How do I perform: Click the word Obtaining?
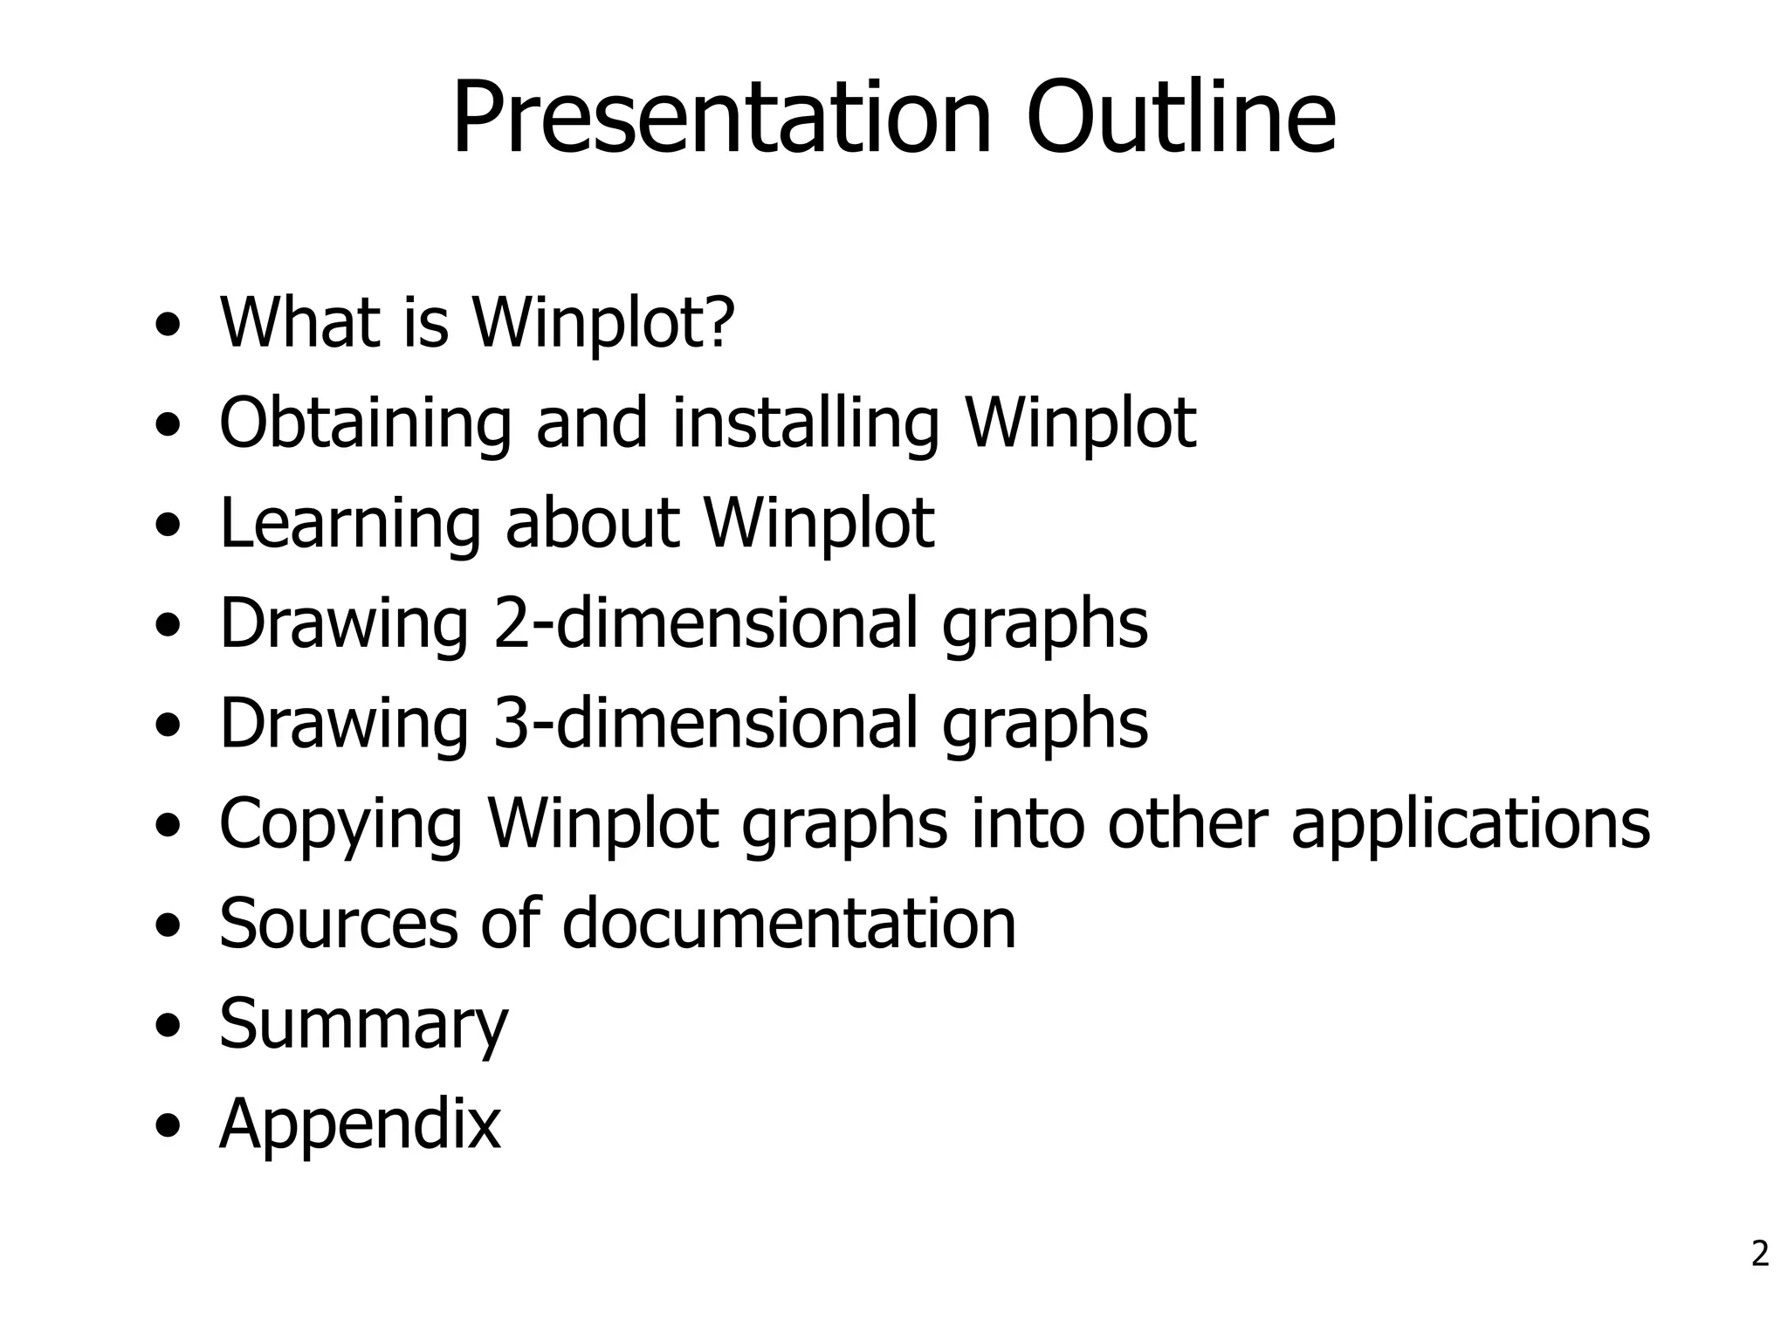pos(365,424)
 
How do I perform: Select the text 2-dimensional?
pos(705,623)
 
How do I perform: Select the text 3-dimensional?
pos(705,723)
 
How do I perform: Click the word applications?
pos(1470,824)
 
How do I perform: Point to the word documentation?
pos(788,923)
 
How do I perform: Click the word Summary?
pos(363,1025)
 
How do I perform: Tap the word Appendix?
pos(360,1125)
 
